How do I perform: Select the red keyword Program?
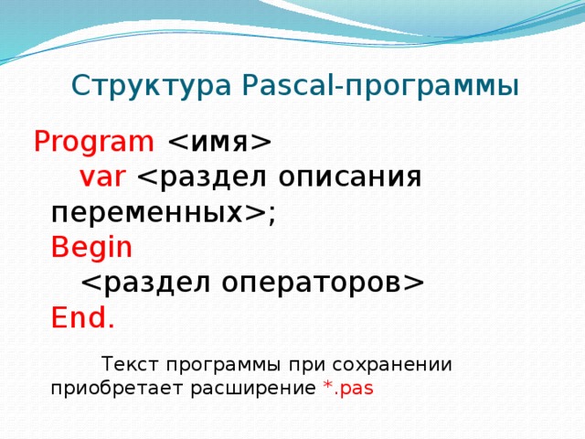[94, 143]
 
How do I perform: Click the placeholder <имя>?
[218, 143]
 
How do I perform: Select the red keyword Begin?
[92, 247]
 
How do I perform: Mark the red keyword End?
[83, 317]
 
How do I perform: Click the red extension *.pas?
[348, 388]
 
